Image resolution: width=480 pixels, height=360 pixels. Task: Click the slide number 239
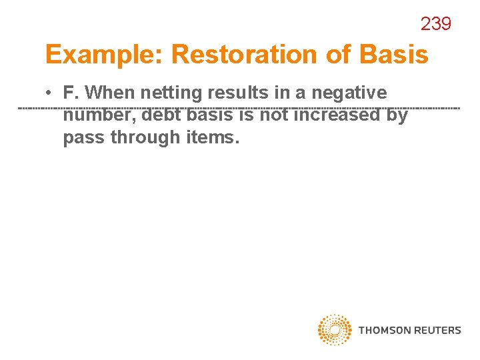436,24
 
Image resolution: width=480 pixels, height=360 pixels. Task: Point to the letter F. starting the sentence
69,93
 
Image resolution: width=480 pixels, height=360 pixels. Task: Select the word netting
172,93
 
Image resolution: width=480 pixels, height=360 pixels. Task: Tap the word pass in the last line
85,137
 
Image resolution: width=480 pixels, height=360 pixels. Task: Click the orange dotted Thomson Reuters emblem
335,329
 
